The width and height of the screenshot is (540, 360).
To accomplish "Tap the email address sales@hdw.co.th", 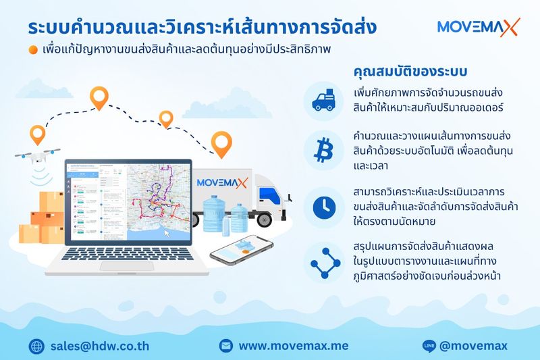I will [x=100, y=346].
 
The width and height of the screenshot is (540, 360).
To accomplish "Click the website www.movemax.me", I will [x=293, y=346].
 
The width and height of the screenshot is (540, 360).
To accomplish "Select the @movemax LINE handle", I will [x=473, y=346].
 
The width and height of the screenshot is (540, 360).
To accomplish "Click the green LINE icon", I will [x=428, y=346].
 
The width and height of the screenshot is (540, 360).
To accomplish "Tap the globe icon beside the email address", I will [x=36, y=346].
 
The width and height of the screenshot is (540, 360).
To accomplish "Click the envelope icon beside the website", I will [x=226, y=346].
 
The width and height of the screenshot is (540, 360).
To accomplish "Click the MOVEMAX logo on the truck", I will [x=222, y=182].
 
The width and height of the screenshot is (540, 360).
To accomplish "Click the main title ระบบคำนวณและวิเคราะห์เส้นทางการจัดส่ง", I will [x=202, y=28].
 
